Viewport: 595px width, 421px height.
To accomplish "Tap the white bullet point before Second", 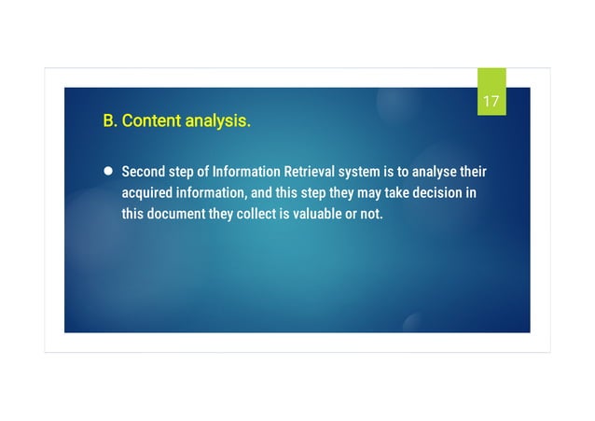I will [107, 172].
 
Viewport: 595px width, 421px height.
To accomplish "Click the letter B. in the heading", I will [110, 121].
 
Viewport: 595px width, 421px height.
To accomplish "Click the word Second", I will [145, 173].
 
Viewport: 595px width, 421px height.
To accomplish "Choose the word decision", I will [436, 193].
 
